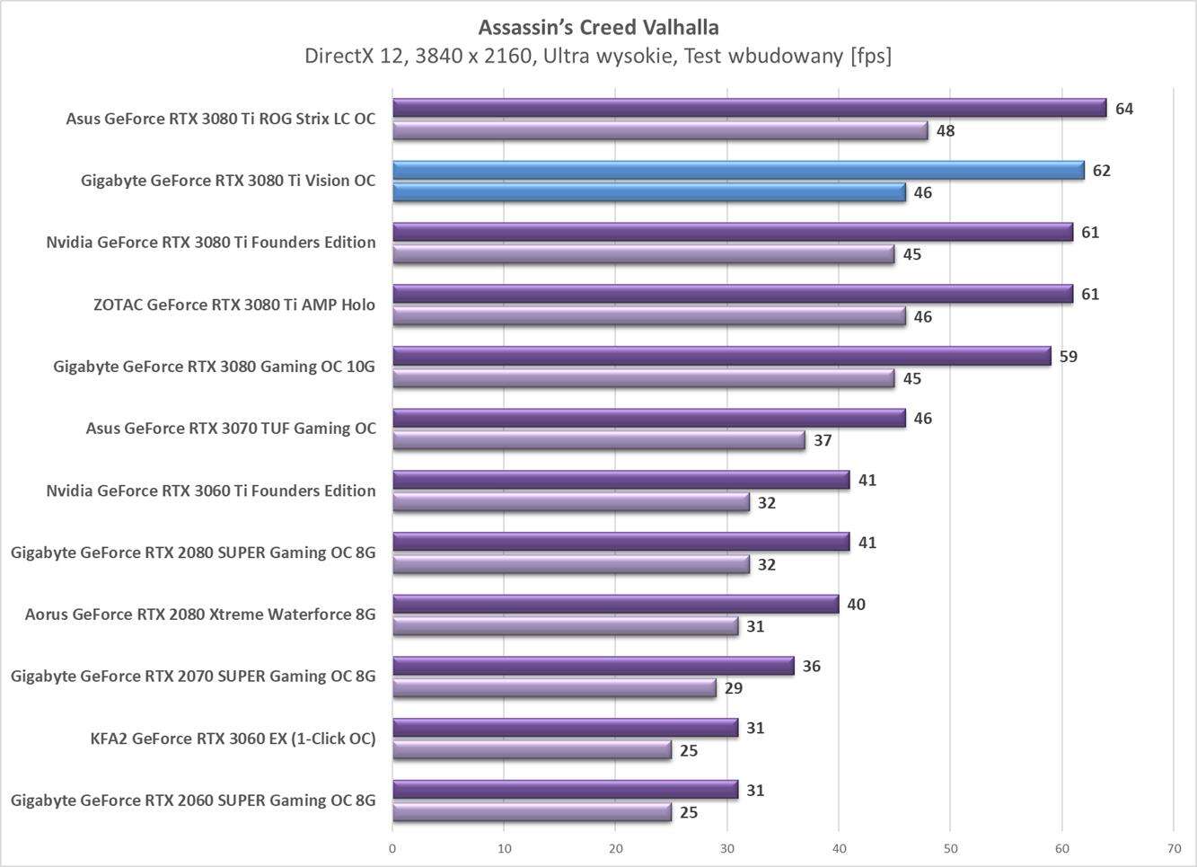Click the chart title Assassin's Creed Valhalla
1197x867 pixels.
[x=598, y=26]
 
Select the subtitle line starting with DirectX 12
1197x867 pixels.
[x=598, y=56]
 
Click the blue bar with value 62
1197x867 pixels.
[x=738, y=170]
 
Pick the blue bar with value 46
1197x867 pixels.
[x=648, y=192]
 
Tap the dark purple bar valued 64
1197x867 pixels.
[x=749, y=109]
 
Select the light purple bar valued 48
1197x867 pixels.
[x=660, y=131]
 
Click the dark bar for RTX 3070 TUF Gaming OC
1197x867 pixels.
[x=648, y=418]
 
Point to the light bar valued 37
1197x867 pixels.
[x=598, y=440]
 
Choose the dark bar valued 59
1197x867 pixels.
[x=721, y=356]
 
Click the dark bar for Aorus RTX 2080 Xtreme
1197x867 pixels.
[x=615, y=604]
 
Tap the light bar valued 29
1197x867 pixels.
[x=554, y=688]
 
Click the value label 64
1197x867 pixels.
[x=1124, y=109]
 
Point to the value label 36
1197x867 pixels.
[x=811, y=667]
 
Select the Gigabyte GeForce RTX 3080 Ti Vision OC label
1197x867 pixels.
[x=228, y=181]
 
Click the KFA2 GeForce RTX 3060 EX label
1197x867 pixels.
[x=233, y=739]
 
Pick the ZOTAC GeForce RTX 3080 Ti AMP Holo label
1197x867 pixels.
[x=234, y=305]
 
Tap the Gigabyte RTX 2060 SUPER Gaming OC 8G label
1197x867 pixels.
[x=193, y=801]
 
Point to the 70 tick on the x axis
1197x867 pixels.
[x=1174, y=848]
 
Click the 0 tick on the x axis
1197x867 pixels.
[x=392, y=848]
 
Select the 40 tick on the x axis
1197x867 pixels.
[x=839, y=848]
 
